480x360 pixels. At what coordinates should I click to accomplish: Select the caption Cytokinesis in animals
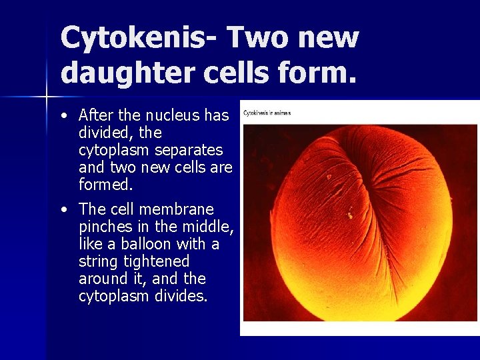point(267,113)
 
